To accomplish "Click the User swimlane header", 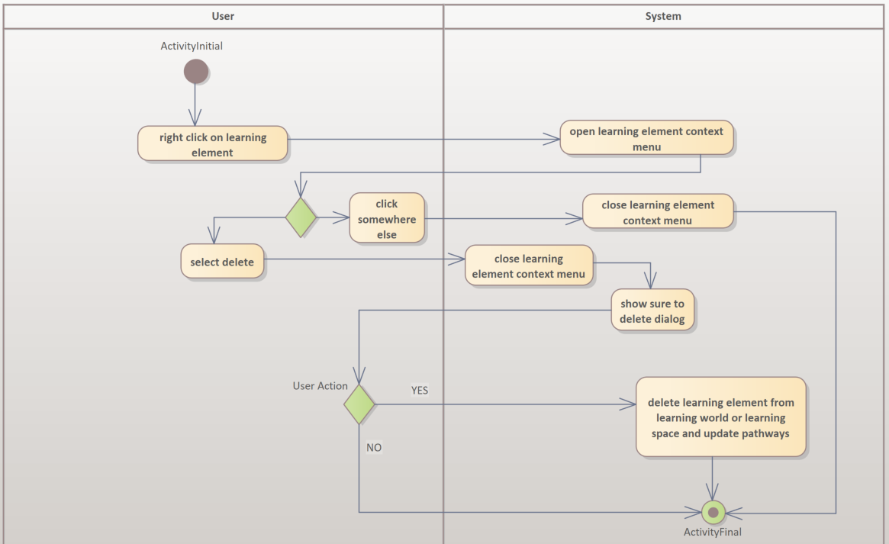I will (222, 16).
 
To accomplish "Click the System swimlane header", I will (662, 16).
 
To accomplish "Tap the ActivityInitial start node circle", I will (196, 71).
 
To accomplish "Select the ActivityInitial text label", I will (192, 46).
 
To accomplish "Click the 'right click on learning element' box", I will (213, 144).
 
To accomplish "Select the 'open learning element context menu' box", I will (646, 138).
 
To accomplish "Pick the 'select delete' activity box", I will (222, 262).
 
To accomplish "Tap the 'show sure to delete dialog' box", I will (652, 310).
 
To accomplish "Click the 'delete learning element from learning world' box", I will (720, 417).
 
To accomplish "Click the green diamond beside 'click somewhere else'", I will (301, 217).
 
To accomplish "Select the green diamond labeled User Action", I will (359, 404).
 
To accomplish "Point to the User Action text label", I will (320, 386).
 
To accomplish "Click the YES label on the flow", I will (420, 390).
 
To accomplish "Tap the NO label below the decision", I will (374, 448).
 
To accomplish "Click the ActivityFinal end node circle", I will (713, 511).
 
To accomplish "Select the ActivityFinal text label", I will (712, 532).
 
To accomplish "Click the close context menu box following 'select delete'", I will (529, 266).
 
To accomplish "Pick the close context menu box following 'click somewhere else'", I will (658, 212).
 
